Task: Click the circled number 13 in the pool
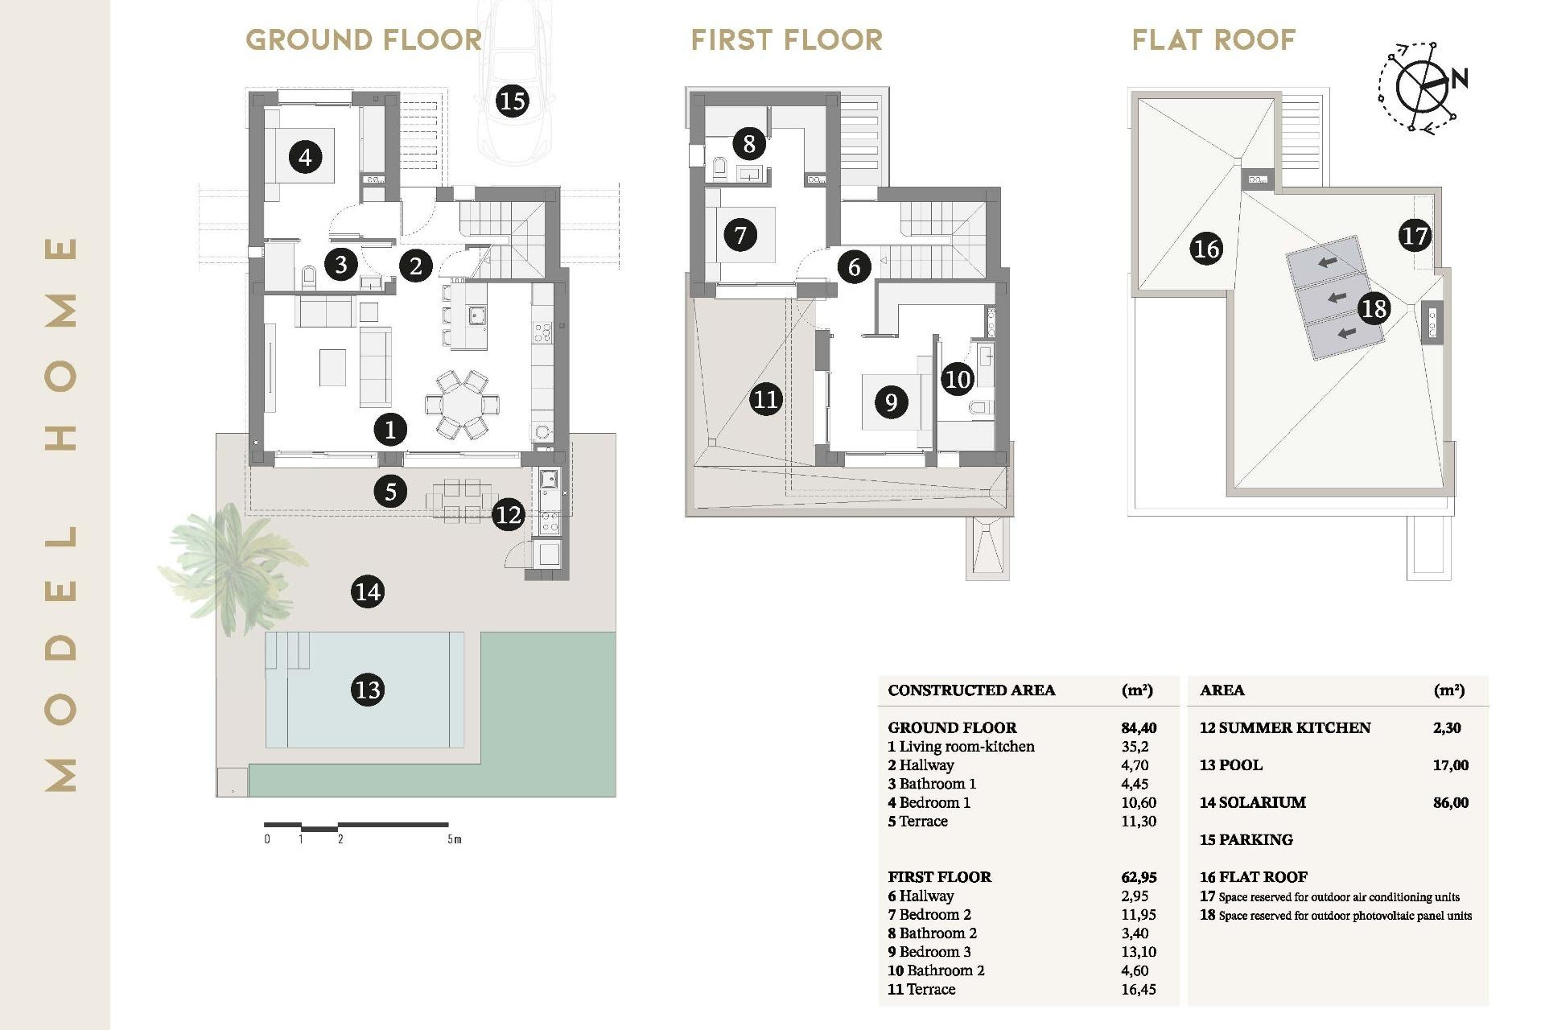point(368,690)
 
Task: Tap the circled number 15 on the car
point(512,101)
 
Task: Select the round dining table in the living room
point(462,405)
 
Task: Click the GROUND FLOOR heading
point(364,39)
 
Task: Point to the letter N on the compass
point(1460,78)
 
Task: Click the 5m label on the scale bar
point(455,839)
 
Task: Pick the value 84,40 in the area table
point(1139,727)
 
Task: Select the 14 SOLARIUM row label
point(1252,802)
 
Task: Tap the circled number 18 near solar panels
point(1374,308)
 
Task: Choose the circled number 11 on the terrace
point(765,400)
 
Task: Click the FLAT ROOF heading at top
point(1213,39)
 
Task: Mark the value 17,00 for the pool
point(1450,765)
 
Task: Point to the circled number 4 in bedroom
point(305,156)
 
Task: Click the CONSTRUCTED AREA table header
point(971,690)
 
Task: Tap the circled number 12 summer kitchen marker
point(509,514)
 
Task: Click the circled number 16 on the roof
point(1206,249)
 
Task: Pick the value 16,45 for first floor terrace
point(1138,990)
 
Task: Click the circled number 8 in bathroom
point(749,144)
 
